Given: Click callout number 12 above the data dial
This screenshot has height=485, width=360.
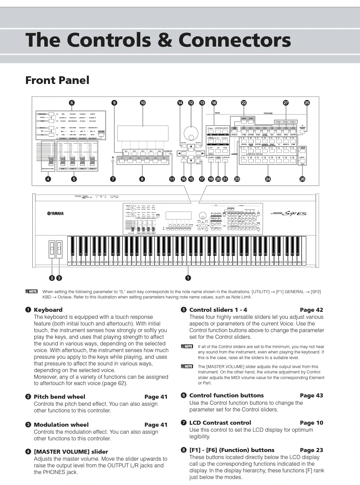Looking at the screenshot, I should [191, 103].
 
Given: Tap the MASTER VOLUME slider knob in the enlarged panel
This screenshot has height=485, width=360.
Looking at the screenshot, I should [51, 162].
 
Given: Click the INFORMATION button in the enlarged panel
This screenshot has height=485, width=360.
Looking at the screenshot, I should [168, 154].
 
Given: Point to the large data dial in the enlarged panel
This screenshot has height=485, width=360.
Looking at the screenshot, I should [191, 133].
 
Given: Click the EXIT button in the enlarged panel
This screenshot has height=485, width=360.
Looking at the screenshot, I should [184, 161].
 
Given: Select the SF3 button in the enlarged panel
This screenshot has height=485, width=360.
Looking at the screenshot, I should [143, 154].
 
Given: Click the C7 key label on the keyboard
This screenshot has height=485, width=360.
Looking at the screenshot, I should [304, 262].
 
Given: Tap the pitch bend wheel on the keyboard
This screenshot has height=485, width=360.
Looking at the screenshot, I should [52, 248].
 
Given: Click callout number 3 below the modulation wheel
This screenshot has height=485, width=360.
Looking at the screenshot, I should [59, 278].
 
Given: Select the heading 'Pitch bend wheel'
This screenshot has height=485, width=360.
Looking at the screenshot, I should [59, 397].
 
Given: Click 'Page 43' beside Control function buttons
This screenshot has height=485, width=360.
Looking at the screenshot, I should [311, 395].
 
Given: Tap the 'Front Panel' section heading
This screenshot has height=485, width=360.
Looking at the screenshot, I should [57, 80].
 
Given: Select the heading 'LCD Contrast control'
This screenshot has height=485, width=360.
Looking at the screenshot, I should [220, 423].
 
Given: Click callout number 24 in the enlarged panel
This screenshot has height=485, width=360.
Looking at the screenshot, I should [268, 179].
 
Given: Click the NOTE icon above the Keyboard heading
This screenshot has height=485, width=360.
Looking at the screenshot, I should [32, 291].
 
